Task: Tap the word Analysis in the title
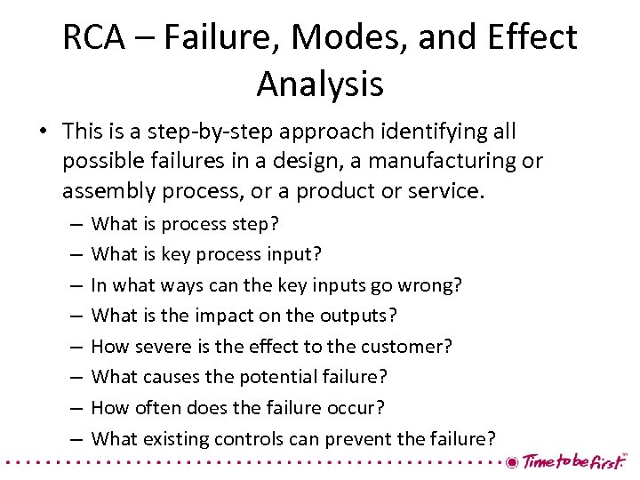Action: point(320,84)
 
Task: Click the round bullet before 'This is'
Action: point(42,132)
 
